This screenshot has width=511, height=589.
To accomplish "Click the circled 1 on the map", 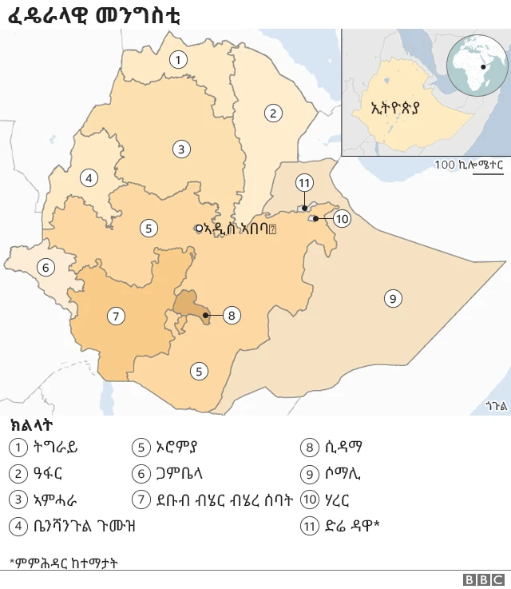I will point(178,59).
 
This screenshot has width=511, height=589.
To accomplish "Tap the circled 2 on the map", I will point(273,113).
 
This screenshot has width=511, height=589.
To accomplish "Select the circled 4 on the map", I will point(89,177).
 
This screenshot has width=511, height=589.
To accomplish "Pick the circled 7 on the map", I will point(117,316).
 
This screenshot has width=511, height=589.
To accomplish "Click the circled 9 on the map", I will point(392,298).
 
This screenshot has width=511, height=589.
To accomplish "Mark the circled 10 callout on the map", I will point(342,218).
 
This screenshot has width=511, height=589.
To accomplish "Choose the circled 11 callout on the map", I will point(303,183).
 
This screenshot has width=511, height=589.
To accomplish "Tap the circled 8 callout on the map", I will point(231,315).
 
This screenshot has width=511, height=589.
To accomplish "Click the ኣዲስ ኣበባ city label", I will point(240,229).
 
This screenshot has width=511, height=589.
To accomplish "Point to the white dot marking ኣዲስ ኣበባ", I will point(200,228).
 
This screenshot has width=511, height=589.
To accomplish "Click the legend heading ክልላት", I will point(31,425).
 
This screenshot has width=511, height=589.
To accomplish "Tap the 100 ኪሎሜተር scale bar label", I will point(469,165).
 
